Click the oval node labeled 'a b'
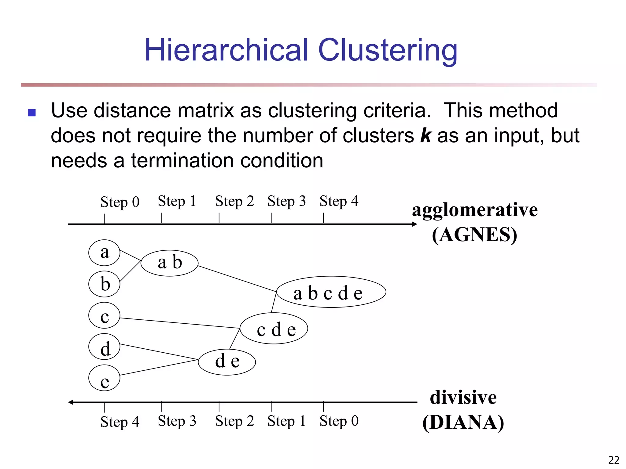click(169, 263)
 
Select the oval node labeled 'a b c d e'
click(331, 292)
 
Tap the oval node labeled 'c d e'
click(274, 329)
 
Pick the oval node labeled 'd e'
click(227, 362)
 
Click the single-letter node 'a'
click(104, 253)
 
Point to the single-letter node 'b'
click(104, 284)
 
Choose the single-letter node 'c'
click(104, 315)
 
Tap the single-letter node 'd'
click(104, 347)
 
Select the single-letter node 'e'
click(104, 378)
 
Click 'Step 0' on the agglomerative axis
click(120, 202)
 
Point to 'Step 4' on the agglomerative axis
click(339, 202)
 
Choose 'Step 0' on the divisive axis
click(339, 421)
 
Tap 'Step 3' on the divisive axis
click(177, 421)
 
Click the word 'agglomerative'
click(474, 210)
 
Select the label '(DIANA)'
click(463, 423)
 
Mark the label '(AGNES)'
click(474, 235)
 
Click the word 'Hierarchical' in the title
click(226, 50)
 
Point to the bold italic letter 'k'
click(425, 136)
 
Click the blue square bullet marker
click(32, 113)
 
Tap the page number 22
click(613, 460)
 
